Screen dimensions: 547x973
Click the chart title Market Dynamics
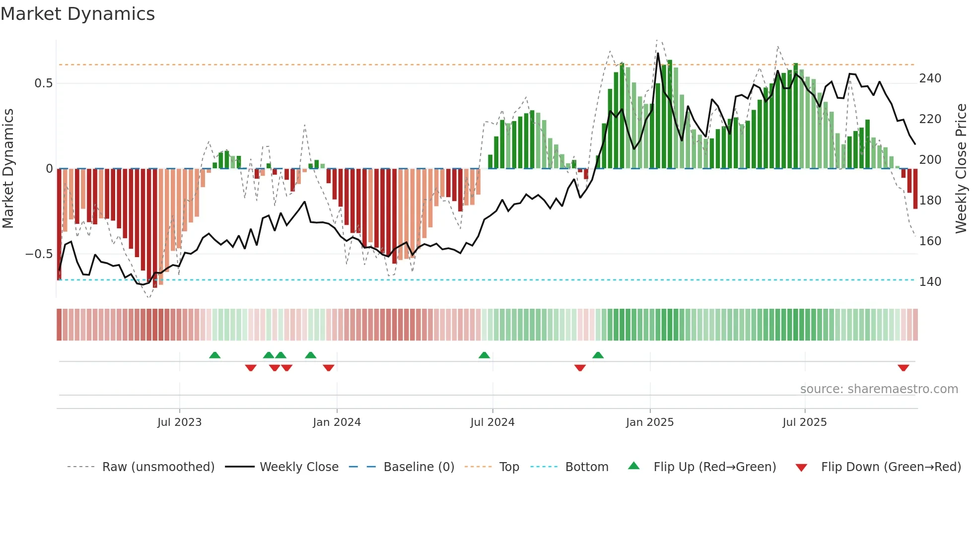click(x=77, y=14)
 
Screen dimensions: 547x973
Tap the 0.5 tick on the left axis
click(x=43, y=83)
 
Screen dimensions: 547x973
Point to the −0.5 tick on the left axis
click(x=39, y=254)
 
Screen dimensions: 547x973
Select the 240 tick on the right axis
click(x=930, y=78)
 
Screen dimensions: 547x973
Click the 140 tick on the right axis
click(x=930, y=282)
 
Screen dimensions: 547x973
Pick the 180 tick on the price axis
click(x=930, y=201)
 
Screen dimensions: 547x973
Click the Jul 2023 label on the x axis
click(x=179, y=422)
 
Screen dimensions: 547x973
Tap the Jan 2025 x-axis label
click(x=649, y=422)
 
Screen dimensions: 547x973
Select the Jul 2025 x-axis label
click(x=804, y=422)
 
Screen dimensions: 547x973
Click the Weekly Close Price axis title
click(x=961, y=169)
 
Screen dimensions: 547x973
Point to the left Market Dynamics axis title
click(x=8, y=169)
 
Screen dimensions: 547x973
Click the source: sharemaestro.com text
click(x=879, y=389)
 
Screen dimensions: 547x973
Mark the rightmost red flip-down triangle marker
click(x=903, y=368)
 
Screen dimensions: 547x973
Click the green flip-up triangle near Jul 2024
click(x=484, y=355)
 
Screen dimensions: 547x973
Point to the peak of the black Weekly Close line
click(x=658, y=53)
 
